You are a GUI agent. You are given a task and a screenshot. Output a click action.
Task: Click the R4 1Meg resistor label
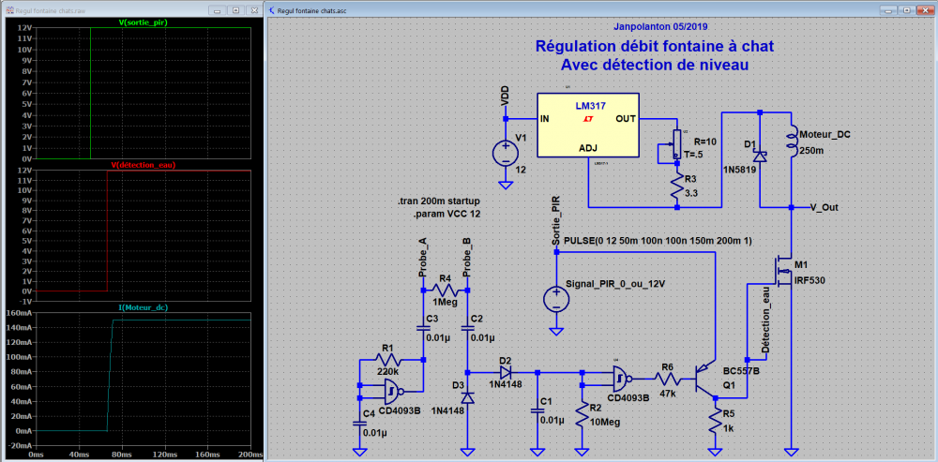(x=446, y=303)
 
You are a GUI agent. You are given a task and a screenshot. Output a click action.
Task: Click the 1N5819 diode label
(x=741, y=171)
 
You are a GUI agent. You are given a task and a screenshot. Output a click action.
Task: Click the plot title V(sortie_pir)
(x=144, y=21)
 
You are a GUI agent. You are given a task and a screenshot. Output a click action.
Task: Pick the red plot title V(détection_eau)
(x=144, y=165)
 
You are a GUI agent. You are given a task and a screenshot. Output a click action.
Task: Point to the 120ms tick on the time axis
(x=143, y=454)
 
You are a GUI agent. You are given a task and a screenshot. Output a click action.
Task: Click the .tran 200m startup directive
(x=438, y=201)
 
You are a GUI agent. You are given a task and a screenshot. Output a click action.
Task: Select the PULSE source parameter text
(x=658, y=241)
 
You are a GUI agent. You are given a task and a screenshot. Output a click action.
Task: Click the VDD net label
(x=506, y=97)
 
